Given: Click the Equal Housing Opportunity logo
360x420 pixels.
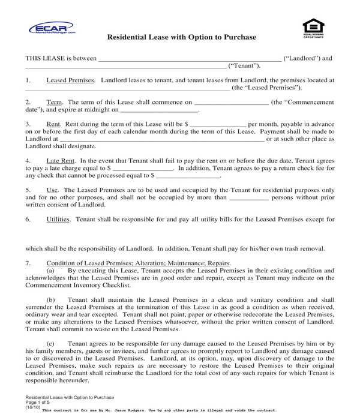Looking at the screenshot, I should [x=312, y=28].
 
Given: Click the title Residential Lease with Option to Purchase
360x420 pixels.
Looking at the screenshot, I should [x=181, y=37].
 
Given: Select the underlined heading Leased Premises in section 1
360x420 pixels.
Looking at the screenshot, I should [x=70, y=80].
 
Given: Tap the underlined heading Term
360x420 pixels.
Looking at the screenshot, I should [x=55, y=103].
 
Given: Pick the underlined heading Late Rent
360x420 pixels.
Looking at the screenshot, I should [x=60, y=161].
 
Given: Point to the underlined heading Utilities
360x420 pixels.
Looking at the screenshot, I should [x=59, y=220].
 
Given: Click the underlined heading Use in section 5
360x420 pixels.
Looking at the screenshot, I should [x=52, y=190].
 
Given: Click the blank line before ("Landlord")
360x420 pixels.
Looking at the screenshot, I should [x=189, y=59].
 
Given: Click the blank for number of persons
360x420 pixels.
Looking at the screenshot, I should [x=249, y=197].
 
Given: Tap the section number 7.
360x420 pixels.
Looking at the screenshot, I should [x=28, y=263].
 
